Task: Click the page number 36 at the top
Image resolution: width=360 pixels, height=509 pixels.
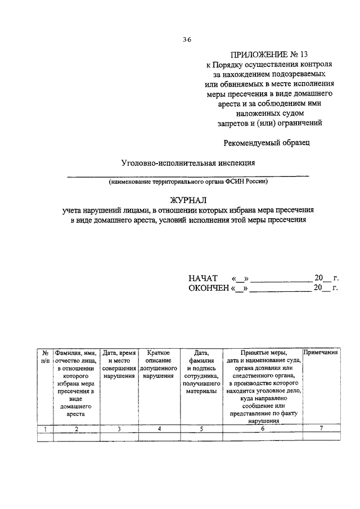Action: coord(187,39)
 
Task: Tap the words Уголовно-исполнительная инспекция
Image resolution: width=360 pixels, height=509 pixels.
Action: coord(188,163)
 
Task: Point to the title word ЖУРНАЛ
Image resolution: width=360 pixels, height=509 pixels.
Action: coord(188,199)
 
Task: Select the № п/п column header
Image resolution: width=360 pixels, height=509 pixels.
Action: coord(44,356)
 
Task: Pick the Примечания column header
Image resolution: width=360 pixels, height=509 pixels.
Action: coord(320,352)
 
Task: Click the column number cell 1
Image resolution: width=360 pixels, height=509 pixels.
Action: coord(44,429)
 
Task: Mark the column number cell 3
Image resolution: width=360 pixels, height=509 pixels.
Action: coord(119,429)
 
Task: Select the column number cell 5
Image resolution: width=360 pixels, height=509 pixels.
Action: coord(201,429)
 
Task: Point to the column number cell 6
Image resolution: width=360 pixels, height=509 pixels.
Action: coord(263,429)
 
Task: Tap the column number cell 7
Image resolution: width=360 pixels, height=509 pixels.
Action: coord(320,429)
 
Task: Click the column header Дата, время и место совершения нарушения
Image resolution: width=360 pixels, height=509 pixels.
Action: coord(119,364)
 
